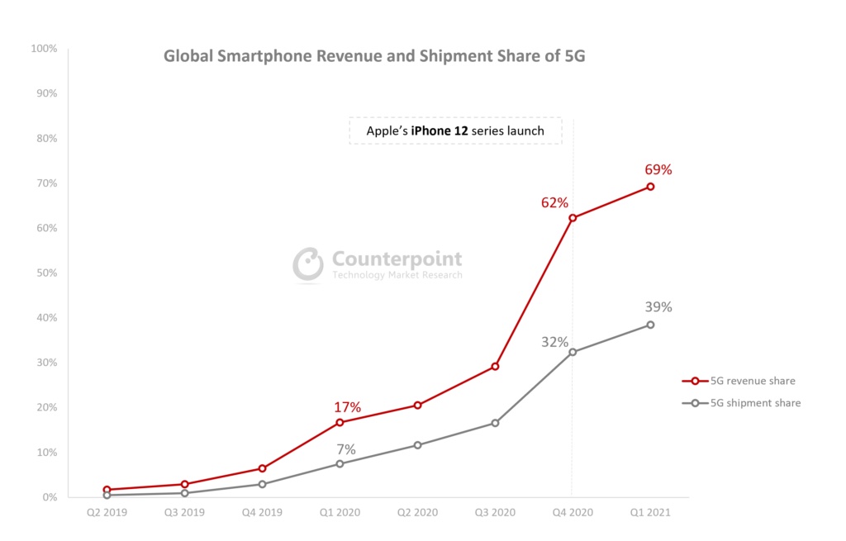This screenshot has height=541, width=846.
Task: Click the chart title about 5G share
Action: pos(374,57)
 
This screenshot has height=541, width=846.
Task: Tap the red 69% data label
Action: pos(658,170)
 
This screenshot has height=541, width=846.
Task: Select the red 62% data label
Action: pos(554,202)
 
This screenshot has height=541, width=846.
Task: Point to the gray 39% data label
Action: pos(658,307)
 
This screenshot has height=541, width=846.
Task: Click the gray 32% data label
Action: pos(554,342)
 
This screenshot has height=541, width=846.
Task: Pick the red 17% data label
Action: pos(347,407)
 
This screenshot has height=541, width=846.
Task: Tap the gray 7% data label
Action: pos(346,449)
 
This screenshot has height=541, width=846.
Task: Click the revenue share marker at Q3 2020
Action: pos(495,366)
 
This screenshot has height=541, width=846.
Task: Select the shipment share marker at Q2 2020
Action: pos(417,445)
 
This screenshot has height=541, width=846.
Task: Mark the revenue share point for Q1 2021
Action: pos(650,187)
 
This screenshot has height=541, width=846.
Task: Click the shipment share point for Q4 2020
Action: pos(573,352)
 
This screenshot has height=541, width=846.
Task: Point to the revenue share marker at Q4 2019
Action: pos(262,468)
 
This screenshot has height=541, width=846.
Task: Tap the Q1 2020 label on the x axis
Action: pos(340,513)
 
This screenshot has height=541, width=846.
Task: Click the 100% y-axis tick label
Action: pos(43,49)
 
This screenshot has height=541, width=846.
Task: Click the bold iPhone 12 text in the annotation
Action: pos(440,131)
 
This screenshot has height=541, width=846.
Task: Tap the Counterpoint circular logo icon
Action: pos(308,263)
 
